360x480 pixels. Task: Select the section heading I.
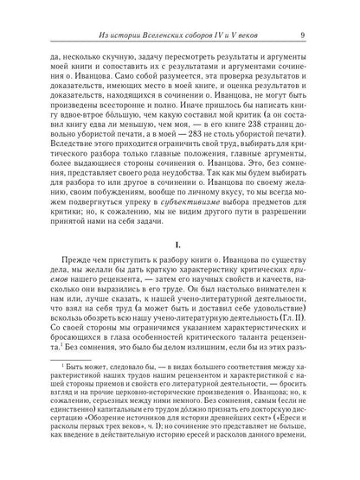tap(180, 251)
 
